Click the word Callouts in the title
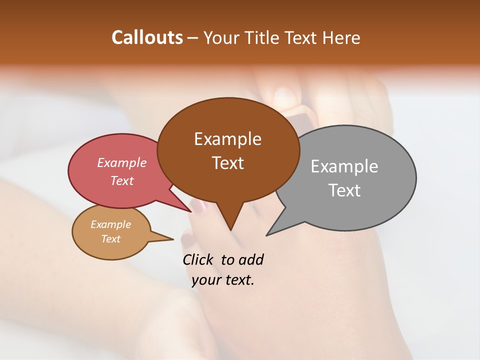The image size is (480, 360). pyautogui.click(x=147, y=37)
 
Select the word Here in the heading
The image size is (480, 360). pyautogui.click(x=341, y=37)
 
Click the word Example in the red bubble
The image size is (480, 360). pyautogui.click(x=122, y=162)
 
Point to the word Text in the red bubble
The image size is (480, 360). pyautogui.click(x=122, y=180)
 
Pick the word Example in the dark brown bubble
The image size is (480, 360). pyautogui.click(x=227, y=138)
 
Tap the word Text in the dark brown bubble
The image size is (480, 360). pyautogui.click(x=227, y=162)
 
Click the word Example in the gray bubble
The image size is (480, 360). pyautogui.click(x=344, y=166)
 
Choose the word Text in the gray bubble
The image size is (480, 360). pyautogui.click(x=344, y=190)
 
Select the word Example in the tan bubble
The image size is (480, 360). pyautogui.click(x=110, y=224)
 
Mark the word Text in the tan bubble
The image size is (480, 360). pyautogui.click(x=110, y=239)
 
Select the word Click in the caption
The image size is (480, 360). pyautogui.click(x=198, y=259)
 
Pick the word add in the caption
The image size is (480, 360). pyautogui.click(x=251, y=259)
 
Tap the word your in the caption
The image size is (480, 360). pyautogui.click(x=206, y=280)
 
